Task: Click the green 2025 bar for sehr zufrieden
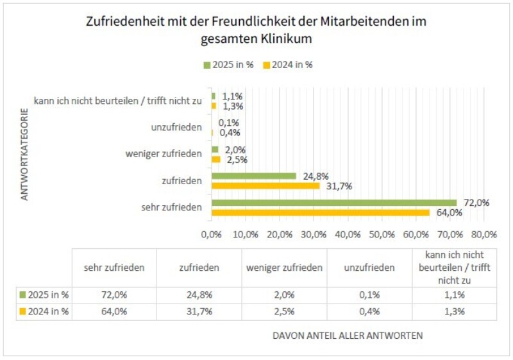[333, 203]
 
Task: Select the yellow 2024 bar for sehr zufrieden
[320, 212]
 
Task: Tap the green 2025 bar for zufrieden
[253, 176]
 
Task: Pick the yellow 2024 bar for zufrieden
[265, 186]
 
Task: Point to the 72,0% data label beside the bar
[476, 202]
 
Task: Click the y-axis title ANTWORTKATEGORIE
[25, 158]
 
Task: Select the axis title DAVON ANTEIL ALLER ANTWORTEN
[348, 336]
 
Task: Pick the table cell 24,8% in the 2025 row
[199, 295]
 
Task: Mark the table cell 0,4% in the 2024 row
[369, 311]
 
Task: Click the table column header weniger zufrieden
[284, 268]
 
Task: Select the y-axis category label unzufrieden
[177, 128]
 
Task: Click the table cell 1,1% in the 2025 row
[453, 295]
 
